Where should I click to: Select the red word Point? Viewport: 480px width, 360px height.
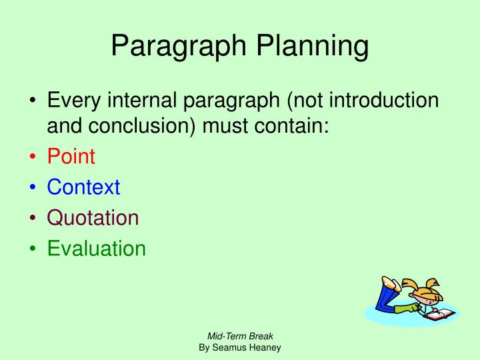tap(71, 157)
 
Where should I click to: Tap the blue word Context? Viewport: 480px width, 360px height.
tap(83, 187)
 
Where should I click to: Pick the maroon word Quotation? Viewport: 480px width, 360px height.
tap(93, 218)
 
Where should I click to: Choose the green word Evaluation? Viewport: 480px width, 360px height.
tap(96, 249)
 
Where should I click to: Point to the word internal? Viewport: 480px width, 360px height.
tap(146, 101)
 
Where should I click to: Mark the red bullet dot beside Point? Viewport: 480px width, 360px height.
tap(33, 157)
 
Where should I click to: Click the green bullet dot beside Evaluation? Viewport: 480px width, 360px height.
tap(33, 249)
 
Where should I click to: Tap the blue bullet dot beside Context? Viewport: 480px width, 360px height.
tap(33, 188)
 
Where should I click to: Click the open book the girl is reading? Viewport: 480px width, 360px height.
tap(438, 314)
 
